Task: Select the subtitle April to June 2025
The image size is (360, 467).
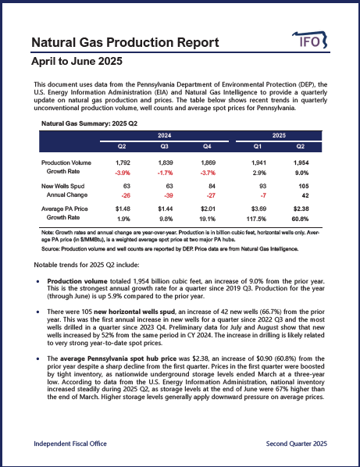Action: tap(76, 60)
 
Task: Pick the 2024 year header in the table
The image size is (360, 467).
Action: tap(164, 135)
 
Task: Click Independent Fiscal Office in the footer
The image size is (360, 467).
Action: tap(71, 444)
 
